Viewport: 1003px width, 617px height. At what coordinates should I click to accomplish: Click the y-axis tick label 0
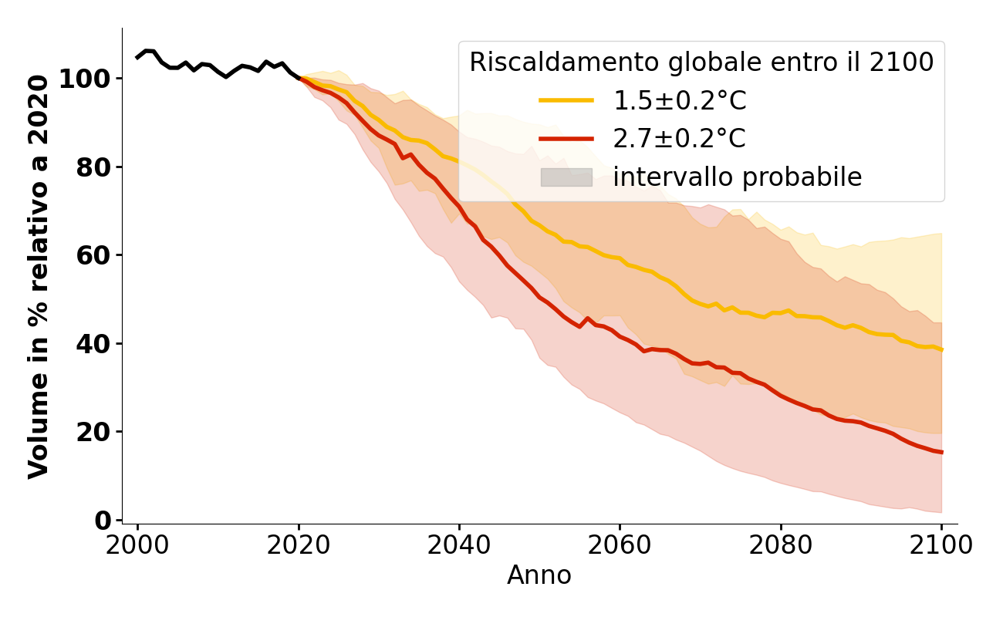point(103,520)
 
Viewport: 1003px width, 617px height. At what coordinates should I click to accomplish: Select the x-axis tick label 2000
point(137,545)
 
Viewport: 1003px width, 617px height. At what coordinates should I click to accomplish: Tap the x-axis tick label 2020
point(298,545)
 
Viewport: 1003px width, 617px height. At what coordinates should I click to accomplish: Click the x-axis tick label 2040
point(459,545)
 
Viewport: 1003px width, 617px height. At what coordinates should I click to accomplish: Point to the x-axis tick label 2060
point(620,545)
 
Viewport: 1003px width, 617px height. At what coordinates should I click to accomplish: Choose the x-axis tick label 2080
point(781,545)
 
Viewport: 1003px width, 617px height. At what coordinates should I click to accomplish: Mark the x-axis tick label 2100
point(941,545)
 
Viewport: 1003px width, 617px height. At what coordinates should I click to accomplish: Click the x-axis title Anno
point(539,575)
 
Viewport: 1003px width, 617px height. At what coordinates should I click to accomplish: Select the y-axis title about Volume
point(39,276)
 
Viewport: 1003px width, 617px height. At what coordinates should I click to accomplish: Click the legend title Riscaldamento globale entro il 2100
point(701,62)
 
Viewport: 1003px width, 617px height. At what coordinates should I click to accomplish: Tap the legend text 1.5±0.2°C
point(680,101)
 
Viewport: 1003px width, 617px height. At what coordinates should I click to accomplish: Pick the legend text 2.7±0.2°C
point(680,139)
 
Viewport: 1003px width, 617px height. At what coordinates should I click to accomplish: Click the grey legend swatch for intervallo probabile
point(566,177)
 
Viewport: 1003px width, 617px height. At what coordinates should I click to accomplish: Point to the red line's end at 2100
point(941,452)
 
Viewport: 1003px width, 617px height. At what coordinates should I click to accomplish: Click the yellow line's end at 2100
point(941,349)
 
